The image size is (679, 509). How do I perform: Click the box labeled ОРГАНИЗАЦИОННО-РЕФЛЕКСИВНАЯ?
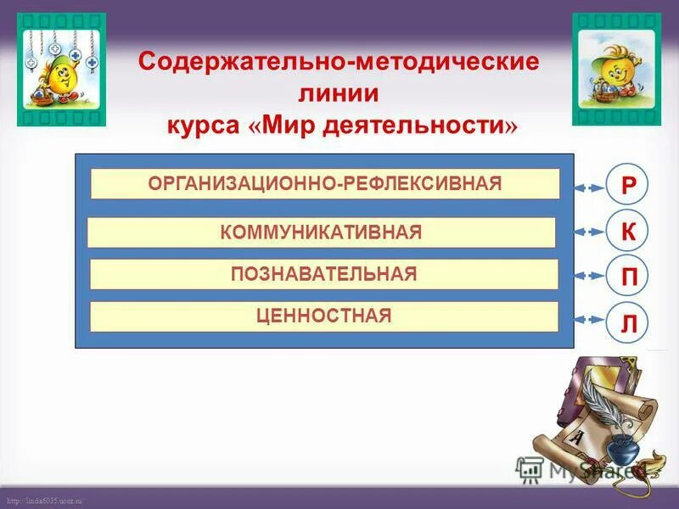[325, 183]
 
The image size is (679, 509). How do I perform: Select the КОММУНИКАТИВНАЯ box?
[321, 232]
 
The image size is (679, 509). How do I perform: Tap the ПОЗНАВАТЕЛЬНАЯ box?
[324, 274]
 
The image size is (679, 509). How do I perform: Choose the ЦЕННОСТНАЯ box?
[324, 316]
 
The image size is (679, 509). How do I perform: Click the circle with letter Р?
[627, 187]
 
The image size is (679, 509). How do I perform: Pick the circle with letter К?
[627, 231]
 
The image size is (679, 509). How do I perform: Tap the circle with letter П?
[627, 276]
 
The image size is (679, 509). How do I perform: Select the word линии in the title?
[338, 93]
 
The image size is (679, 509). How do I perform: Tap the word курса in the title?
[203, 126]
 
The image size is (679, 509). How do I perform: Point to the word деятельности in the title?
[424, 126]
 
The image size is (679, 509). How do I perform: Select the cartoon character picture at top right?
[617, 69]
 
